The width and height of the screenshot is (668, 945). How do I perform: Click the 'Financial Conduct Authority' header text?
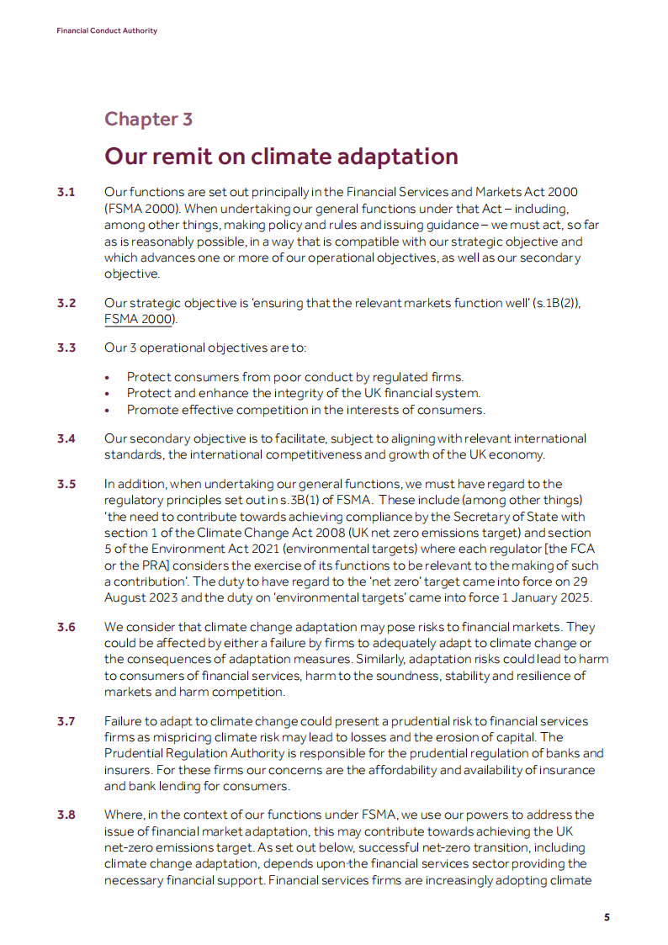[107, 31]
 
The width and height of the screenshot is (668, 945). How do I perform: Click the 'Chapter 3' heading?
[148, 119]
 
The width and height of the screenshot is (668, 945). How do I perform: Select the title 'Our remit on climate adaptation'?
[281, 157]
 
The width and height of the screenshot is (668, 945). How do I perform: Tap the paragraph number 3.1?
[66, 194]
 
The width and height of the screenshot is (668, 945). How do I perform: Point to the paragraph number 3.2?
[66, 303]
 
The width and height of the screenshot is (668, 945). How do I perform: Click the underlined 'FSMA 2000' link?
[140, 319]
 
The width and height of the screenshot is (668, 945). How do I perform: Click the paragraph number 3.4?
[66, 438]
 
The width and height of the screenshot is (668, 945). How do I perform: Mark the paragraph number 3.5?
[66, 484]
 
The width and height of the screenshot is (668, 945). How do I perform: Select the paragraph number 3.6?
[66, 627]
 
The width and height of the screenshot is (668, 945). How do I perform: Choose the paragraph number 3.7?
[66, 721]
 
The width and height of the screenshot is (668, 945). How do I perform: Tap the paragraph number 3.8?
[66, 815]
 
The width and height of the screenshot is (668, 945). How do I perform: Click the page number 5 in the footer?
[607, 917]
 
